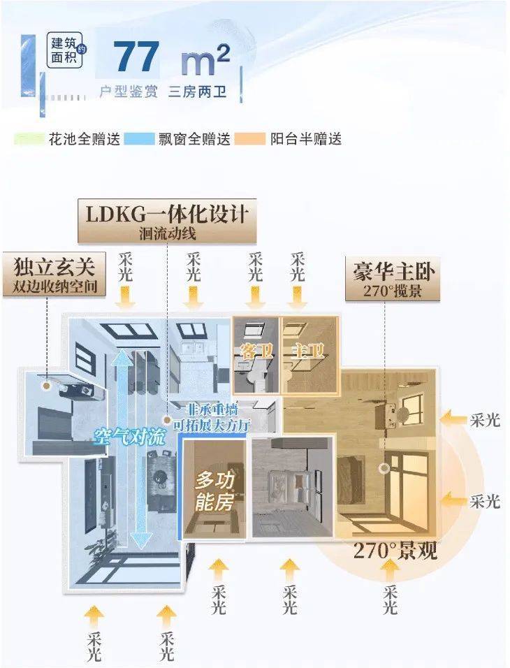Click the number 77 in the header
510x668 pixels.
pos(136,57)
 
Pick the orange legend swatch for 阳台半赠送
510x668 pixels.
pos(250,138)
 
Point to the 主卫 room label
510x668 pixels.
pos(305,351)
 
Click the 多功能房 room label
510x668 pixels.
pos(214,491)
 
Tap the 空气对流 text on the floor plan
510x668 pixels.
pos(129,437)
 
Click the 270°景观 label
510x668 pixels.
pos(395,551)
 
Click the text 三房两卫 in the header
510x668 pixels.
pos(198,92)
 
